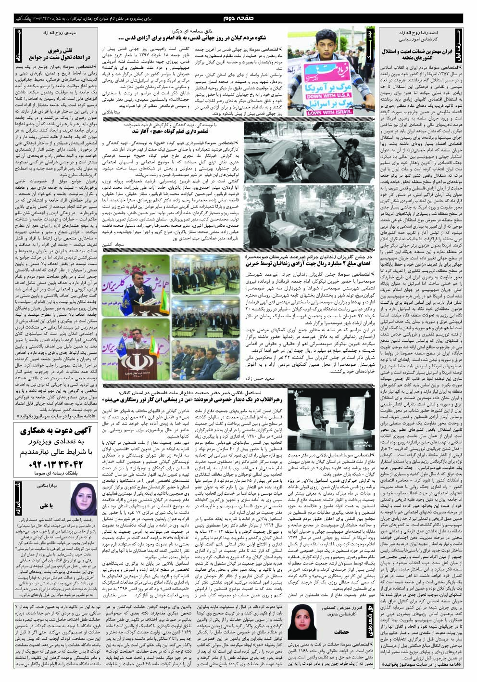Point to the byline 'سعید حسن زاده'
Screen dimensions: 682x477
point(265,378)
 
